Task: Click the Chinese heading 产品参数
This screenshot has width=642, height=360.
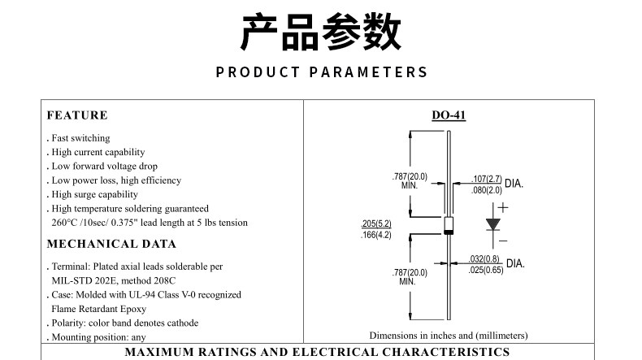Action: [321, 33]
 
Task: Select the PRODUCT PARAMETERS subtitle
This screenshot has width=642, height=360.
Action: [321, 72]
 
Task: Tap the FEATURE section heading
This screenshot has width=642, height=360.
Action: [77, 115]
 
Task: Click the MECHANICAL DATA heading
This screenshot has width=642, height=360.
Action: [111, 244]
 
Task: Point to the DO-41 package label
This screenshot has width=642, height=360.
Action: [449, 115]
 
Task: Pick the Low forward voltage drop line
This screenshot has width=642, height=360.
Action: [102, 166]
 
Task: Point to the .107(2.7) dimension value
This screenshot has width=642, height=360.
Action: [487, 178]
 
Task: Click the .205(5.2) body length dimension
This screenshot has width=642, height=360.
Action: [376, 223]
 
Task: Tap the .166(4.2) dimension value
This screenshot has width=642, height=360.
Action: [376, 235]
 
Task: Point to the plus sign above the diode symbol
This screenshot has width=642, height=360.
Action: [502, 207]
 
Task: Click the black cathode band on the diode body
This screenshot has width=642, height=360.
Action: [449, 232]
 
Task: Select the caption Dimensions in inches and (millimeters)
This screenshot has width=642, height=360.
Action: [449, 335]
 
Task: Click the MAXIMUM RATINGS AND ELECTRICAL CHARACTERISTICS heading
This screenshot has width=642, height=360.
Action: [317, 352]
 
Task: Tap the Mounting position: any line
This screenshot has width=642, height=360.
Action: [98, 336]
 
